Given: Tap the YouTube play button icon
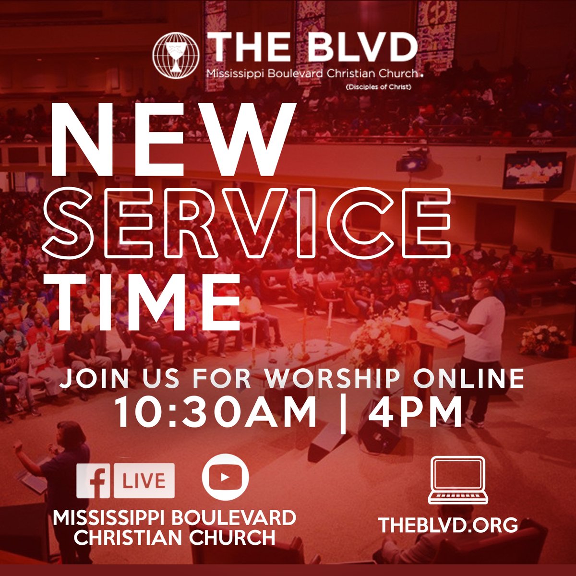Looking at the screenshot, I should pos(226,477).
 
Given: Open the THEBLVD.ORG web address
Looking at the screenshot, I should pos(448,525).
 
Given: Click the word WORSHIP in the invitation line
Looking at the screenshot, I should pos(331,379).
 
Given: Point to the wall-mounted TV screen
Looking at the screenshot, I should pos(534,170).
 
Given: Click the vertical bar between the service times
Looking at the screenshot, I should pos(342,413).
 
